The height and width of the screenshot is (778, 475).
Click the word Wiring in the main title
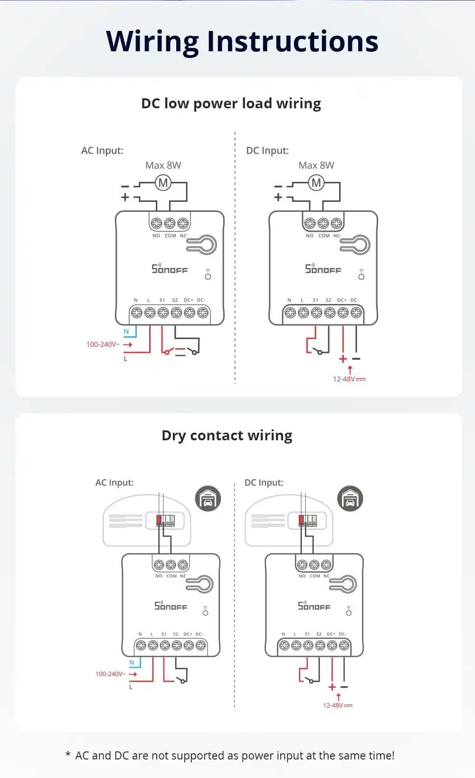(152, 41)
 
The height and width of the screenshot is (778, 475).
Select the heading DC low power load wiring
(231, 104)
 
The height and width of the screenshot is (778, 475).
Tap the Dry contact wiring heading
(227, 436)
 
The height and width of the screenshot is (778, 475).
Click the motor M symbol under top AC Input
(163, 182)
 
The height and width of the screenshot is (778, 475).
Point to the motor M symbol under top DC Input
(316, 182)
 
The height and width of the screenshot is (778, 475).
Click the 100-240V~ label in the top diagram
(103, 344)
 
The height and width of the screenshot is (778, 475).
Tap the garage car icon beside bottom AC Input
(208, 499)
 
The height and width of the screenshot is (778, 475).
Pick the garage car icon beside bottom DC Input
(350, 499)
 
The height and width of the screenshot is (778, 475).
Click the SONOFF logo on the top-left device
(170, 269)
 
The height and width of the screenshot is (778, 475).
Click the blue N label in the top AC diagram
(126, 332)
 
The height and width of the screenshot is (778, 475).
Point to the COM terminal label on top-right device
(324, 236)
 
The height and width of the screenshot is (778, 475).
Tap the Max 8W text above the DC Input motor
(316, 165)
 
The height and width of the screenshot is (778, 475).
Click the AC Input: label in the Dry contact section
(114, 483)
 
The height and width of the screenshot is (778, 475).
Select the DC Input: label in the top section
(267, 151)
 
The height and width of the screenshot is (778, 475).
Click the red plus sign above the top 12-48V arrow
(343, 359)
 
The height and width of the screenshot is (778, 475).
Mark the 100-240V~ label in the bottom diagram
(110, 674)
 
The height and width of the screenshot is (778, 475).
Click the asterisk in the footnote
(68, 755)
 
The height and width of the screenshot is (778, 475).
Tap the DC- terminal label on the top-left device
(201, 300)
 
